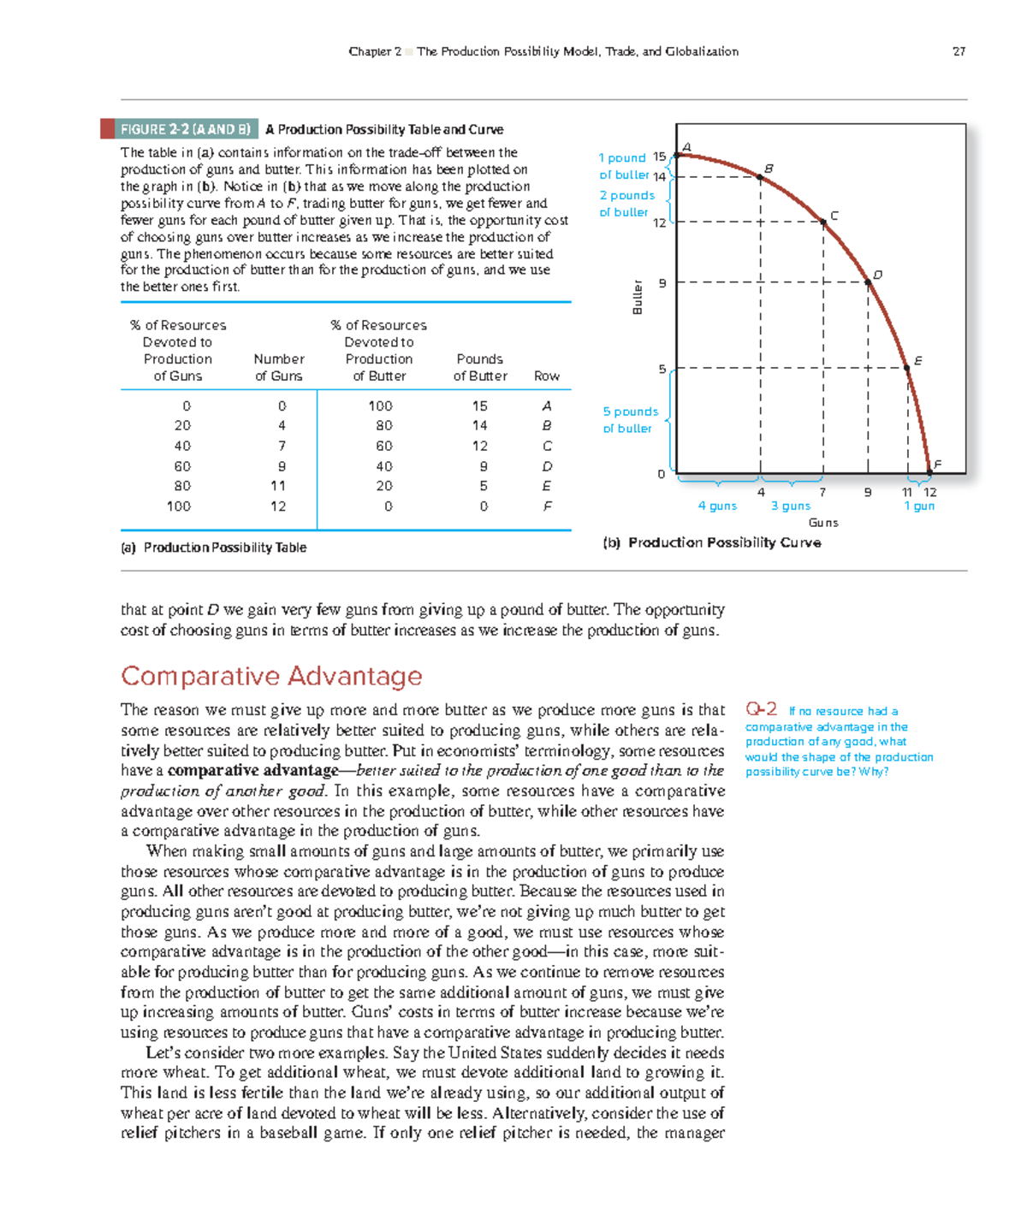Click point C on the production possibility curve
823,222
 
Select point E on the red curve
907,368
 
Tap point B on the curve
760,177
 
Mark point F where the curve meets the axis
929,472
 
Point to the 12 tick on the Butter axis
660,222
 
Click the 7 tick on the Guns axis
822,493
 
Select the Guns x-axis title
823,523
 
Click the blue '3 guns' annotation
790,506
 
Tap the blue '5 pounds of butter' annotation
630,420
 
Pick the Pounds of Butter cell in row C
480,446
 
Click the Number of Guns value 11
278,486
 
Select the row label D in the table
547,466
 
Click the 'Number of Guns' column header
279,367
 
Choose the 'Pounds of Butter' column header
480,367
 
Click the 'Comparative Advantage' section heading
271,676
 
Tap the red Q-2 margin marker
761,709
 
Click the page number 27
959,51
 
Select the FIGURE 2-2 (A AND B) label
185,129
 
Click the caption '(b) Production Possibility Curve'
712,542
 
